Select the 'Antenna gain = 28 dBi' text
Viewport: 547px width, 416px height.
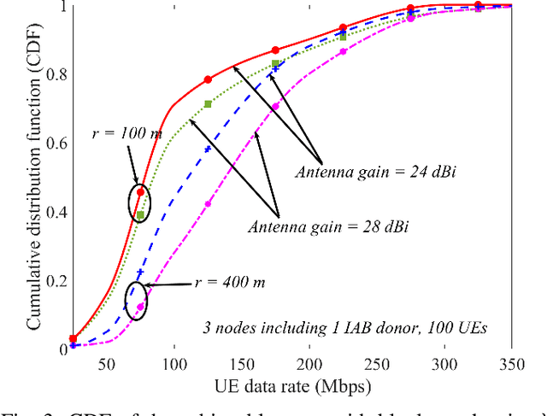(x=313, y=227)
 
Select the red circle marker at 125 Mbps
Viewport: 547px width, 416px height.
(x=208, y=79)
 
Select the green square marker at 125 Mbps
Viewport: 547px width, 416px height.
(x=208, y=104)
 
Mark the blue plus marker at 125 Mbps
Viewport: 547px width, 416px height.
(x=208, y=149)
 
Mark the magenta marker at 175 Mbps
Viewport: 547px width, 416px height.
(x=275, y=107)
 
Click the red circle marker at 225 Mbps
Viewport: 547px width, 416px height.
(x=343, y=27)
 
